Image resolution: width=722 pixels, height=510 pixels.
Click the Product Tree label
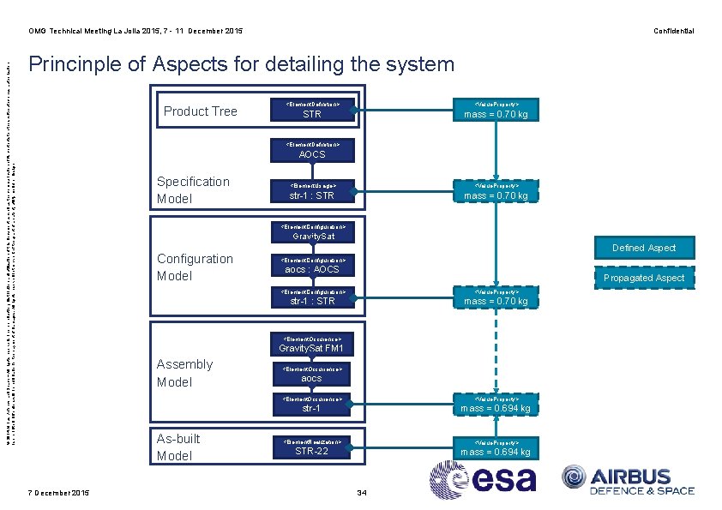coord(200,111)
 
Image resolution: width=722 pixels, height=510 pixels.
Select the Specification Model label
coord(193,190)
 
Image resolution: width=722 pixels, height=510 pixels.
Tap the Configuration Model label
coord(195,267)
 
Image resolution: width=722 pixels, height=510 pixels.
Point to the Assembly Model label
coord(184,373)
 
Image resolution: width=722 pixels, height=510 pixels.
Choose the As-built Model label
coord(177,447)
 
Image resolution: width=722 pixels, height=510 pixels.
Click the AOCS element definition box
coord(312,150)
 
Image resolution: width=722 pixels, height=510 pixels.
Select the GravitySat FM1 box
coord(312,345)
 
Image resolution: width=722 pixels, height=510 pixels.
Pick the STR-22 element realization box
coord(312,447)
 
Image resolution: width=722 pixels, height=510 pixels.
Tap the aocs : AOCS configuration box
coord(312,265)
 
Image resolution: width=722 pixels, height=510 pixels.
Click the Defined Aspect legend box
coord(644,248)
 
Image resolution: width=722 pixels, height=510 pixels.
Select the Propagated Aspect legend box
coord(644,278)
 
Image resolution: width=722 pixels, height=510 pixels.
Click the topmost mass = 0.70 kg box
coord(496,110)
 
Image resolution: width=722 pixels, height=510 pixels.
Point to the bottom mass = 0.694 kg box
coord(496,447)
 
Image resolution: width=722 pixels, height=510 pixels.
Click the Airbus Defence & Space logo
coord(628,480)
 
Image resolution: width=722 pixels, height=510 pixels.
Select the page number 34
coord(361,492)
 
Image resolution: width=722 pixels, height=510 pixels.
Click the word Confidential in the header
coord(673,31)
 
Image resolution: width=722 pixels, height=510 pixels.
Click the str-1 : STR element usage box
coord(312,191)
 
